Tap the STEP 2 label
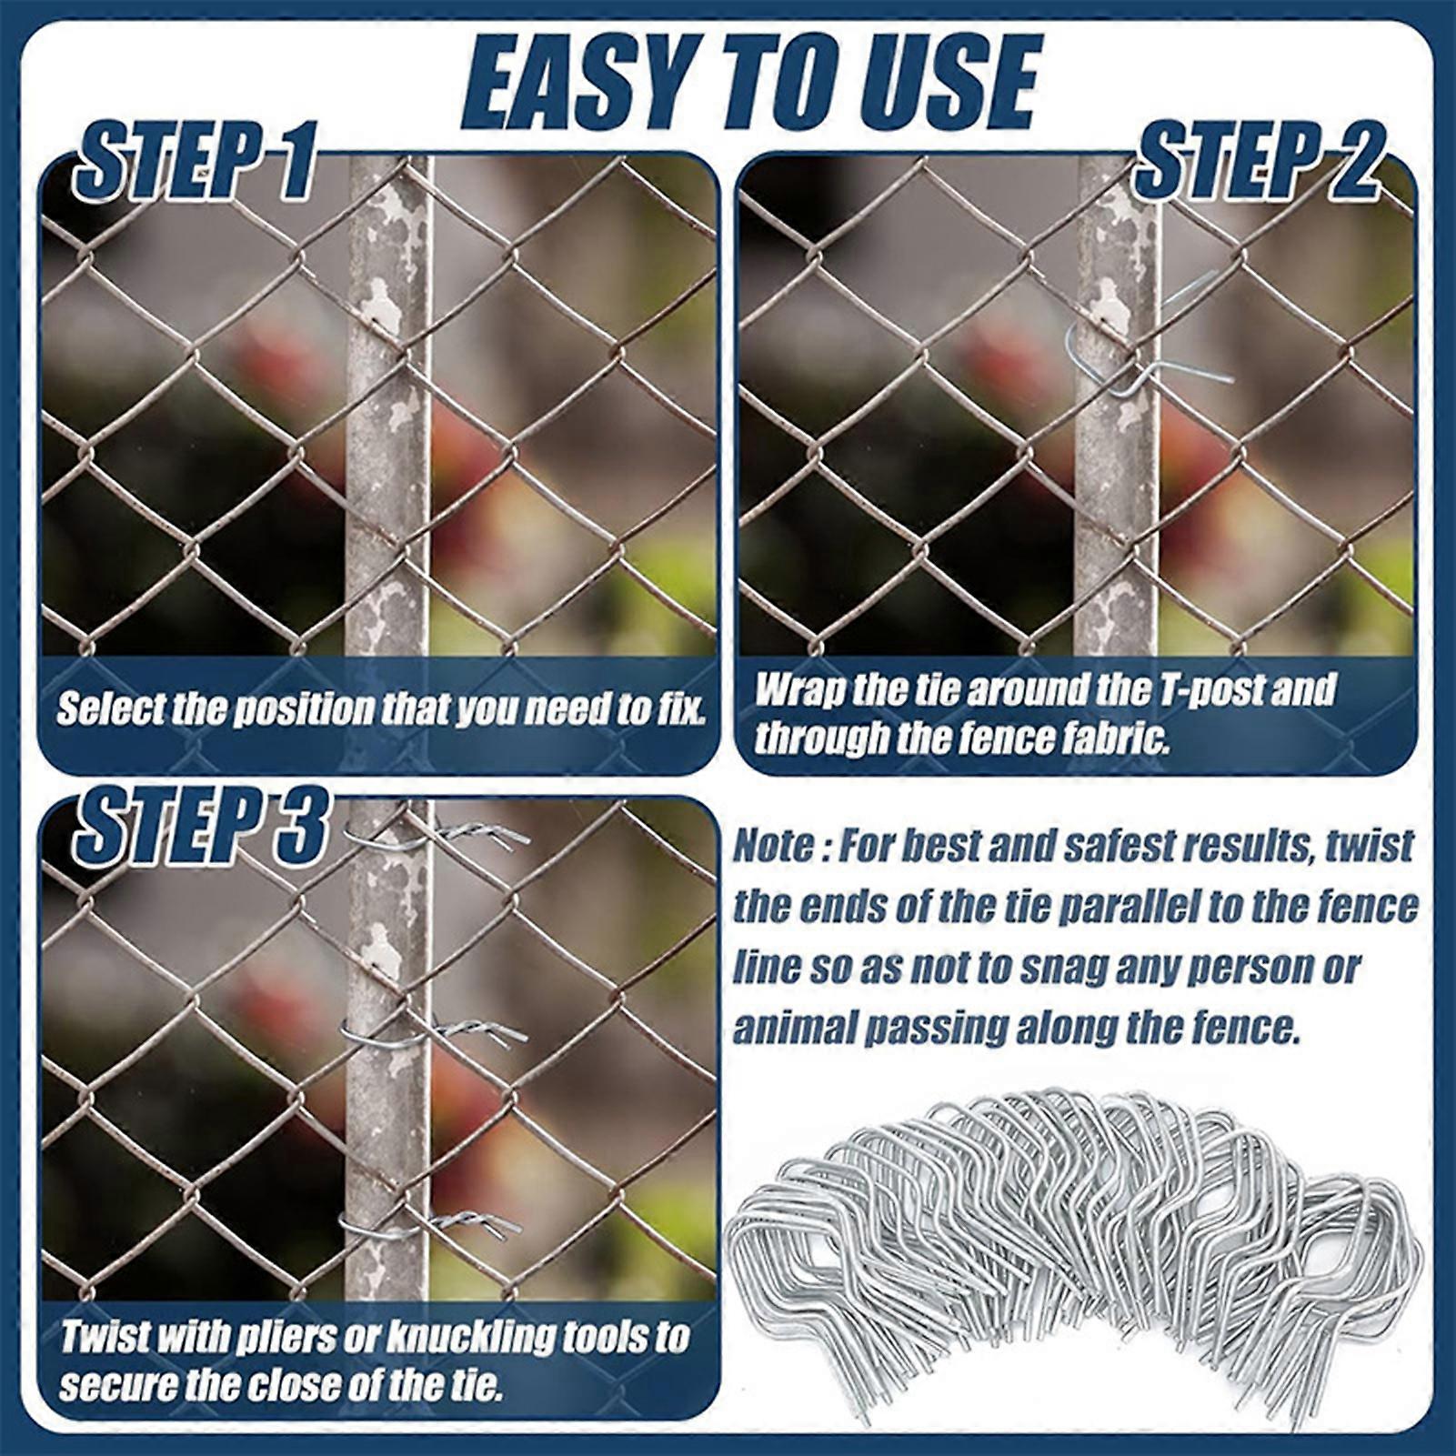(1259, 163)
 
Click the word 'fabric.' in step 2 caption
(1114, 739)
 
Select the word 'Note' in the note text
(773, 847)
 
